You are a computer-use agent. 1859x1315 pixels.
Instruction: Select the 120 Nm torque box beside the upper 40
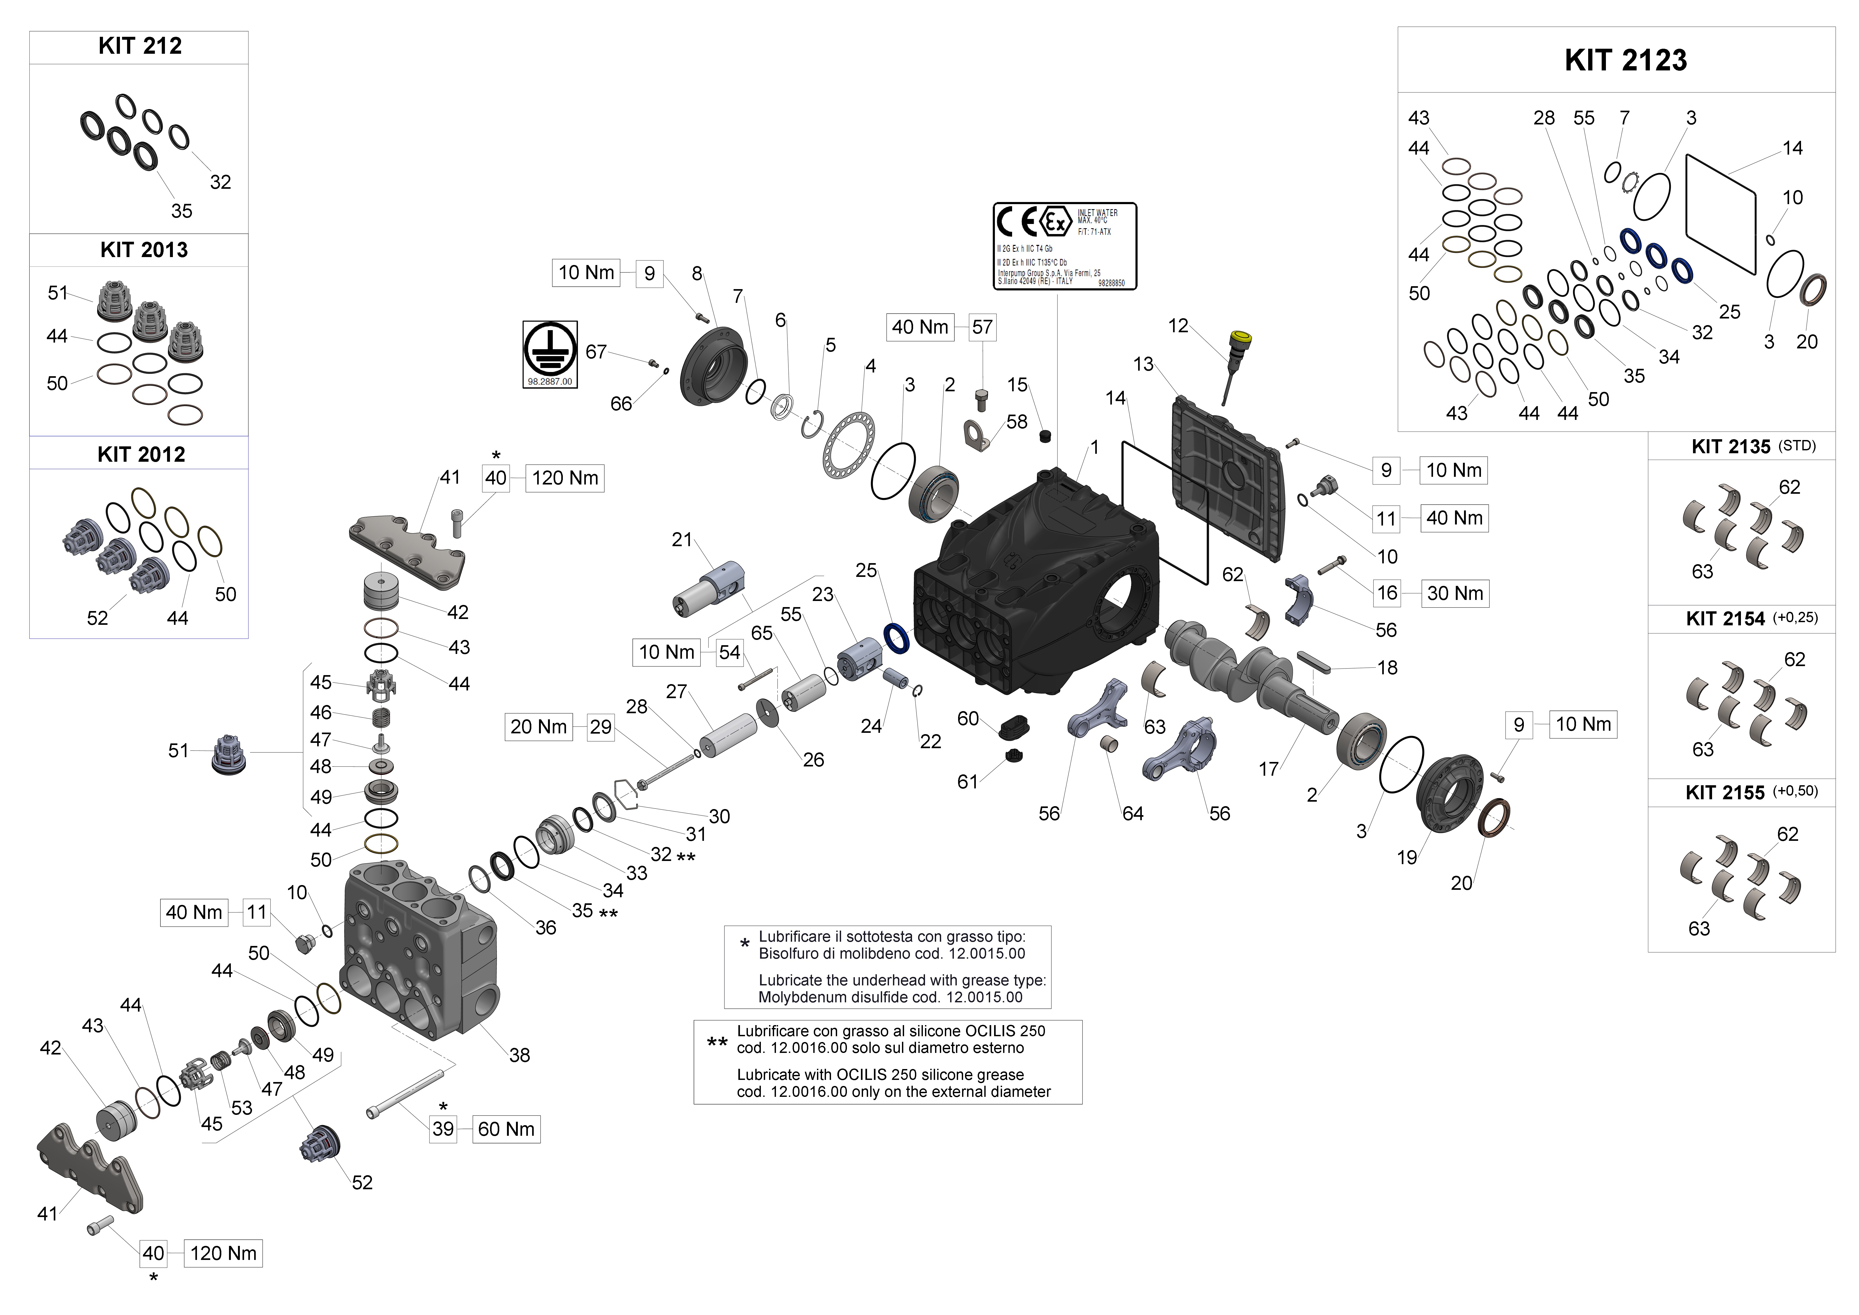pyautogui.click(x=565, y=478)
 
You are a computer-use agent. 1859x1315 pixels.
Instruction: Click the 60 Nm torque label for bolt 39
pyautogui.click(x=506, y=1129)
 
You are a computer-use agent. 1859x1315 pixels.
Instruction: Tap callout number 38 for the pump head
pyautogui.click(x=519, y=1055)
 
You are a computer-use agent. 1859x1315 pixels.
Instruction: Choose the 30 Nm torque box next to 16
pyautogui.click(x=1455, y=593)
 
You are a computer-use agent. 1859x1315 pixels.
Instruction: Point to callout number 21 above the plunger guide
pyautogui.click(x=682, y=539)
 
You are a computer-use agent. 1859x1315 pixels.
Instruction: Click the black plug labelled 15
pyautogui.click(x=1044, y=437)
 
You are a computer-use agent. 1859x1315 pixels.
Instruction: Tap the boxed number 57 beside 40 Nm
pyautogui.click(x=982, y=327)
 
